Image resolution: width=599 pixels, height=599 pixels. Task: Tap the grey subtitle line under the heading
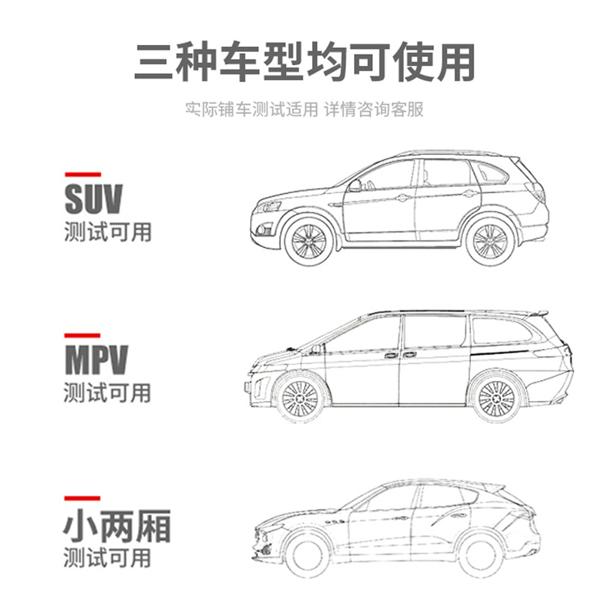pyautogui.click(x=305, y=109)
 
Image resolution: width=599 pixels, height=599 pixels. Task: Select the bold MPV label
pyautogui.click(x=96, y=360)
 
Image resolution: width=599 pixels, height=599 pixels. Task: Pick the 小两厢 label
pyautogui.click(x=117, y=526)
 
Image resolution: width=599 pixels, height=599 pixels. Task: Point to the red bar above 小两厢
pyautogui.click(x=82, y=498)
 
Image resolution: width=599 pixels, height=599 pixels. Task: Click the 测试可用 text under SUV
pyautogui.click(x=108, y=231)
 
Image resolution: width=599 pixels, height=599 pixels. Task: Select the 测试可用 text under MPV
pyautogui.click(x=108, y=392)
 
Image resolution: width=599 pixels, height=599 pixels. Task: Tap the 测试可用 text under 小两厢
pyautogui.click(x=108, y=558)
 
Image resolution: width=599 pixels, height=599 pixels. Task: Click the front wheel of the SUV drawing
pyautogui.click(x=309, y=241)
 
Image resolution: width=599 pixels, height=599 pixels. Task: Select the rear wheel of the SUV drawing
pyautogui.click(x=490, y=241)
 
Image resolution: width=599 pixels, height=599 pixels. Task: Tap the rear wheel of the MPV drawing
pyautogui.click(x=496, y=398)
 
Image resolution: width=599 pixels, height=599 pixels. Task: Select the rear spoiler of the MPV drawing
pyautogui.click(x=538, y=313)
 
